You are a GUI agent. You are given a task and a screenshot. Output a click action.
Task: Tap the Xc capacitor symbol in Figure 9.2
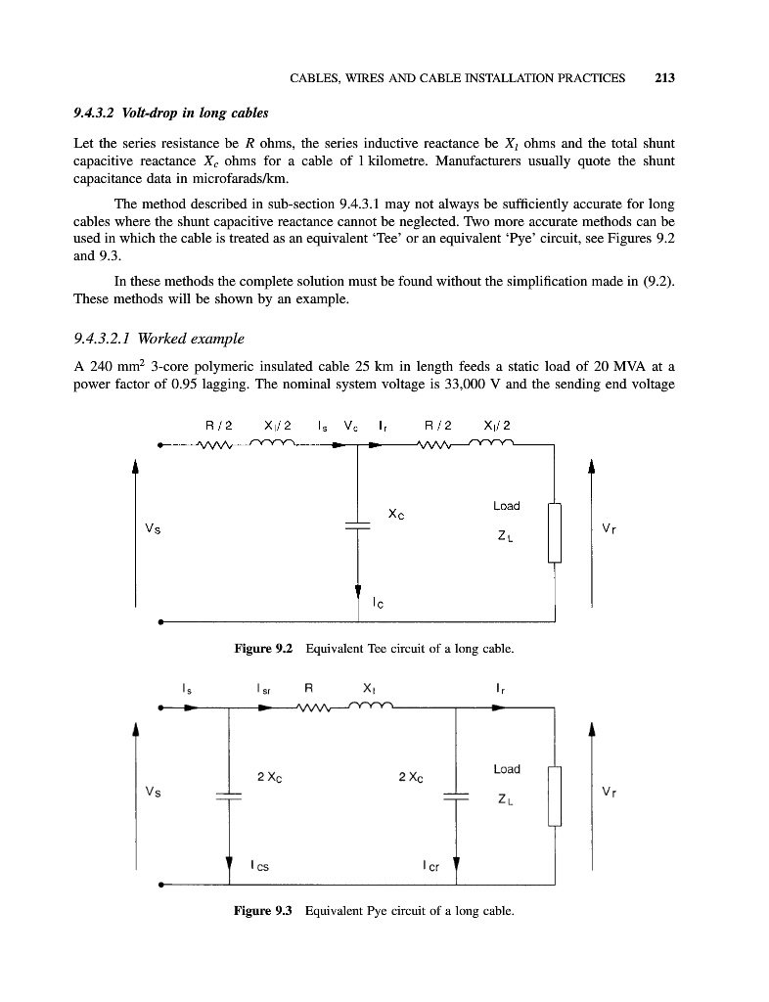(x=359, y=525)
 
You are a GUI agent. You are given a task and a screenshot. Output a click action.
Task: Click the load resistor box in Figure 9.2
(x=555, y=531)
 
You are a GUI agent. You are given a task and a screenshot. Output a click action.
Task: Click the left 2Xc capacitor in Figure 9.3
(x=228, y=797)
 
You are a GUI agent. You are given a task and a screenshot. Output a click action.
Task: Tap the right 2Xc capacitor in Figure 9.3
(x=457, y=797)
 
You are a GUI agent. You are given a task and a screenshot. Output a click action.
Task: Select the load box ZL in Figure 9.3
(x=555, y=796)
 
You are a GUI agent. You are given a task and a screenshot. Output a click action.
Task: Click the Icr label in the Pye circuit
(x=430, y=865)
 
